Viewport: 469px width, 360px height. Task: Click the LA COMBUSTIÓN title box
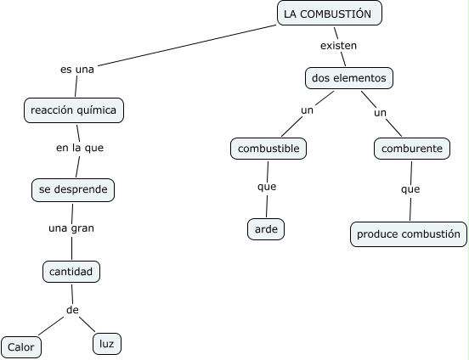point(330,13)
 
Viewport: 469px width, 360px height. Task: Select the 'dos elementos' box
point(349,78)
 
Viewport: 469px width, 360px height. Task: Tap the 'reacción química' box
point(74,110)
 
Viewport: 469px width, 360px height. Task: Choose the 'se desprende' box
point(73,190)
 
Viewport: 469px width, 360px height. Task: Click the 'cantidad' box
point(71,272)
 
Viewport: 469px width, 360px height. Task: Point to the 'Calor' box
point(21,347)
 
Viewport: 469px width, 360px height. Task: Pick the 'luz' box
point(107,344)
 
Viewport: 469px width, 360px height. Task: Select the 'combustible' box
point(268,149)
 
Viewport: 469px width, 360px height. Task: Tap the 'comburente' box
point(412,149)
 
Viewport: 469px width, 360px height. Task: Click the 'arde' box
point(266,229)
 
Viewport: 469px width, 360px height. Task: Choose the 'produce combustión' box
point(409,234)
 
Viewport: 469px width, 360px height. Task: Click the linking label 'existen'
point(339,46)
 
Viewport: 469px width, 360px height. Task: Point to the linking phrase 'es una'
point(77,70)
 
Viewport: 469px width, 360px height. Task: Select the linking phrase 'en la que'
point(80,148)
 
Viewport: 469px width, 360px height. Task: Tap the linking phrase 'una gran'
point(71,228)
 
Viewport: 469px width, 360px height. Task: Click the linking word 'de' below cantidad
point(72,310)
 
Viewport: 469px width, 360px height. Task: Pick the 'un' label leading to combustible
point(308,110)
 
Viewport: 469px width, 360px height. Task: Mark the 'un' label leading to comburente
point(380,113)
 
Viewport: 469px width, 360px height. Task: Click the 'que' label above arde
point(267,187)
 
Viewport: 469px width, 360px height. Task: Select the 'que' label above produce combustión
point(410,189)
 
